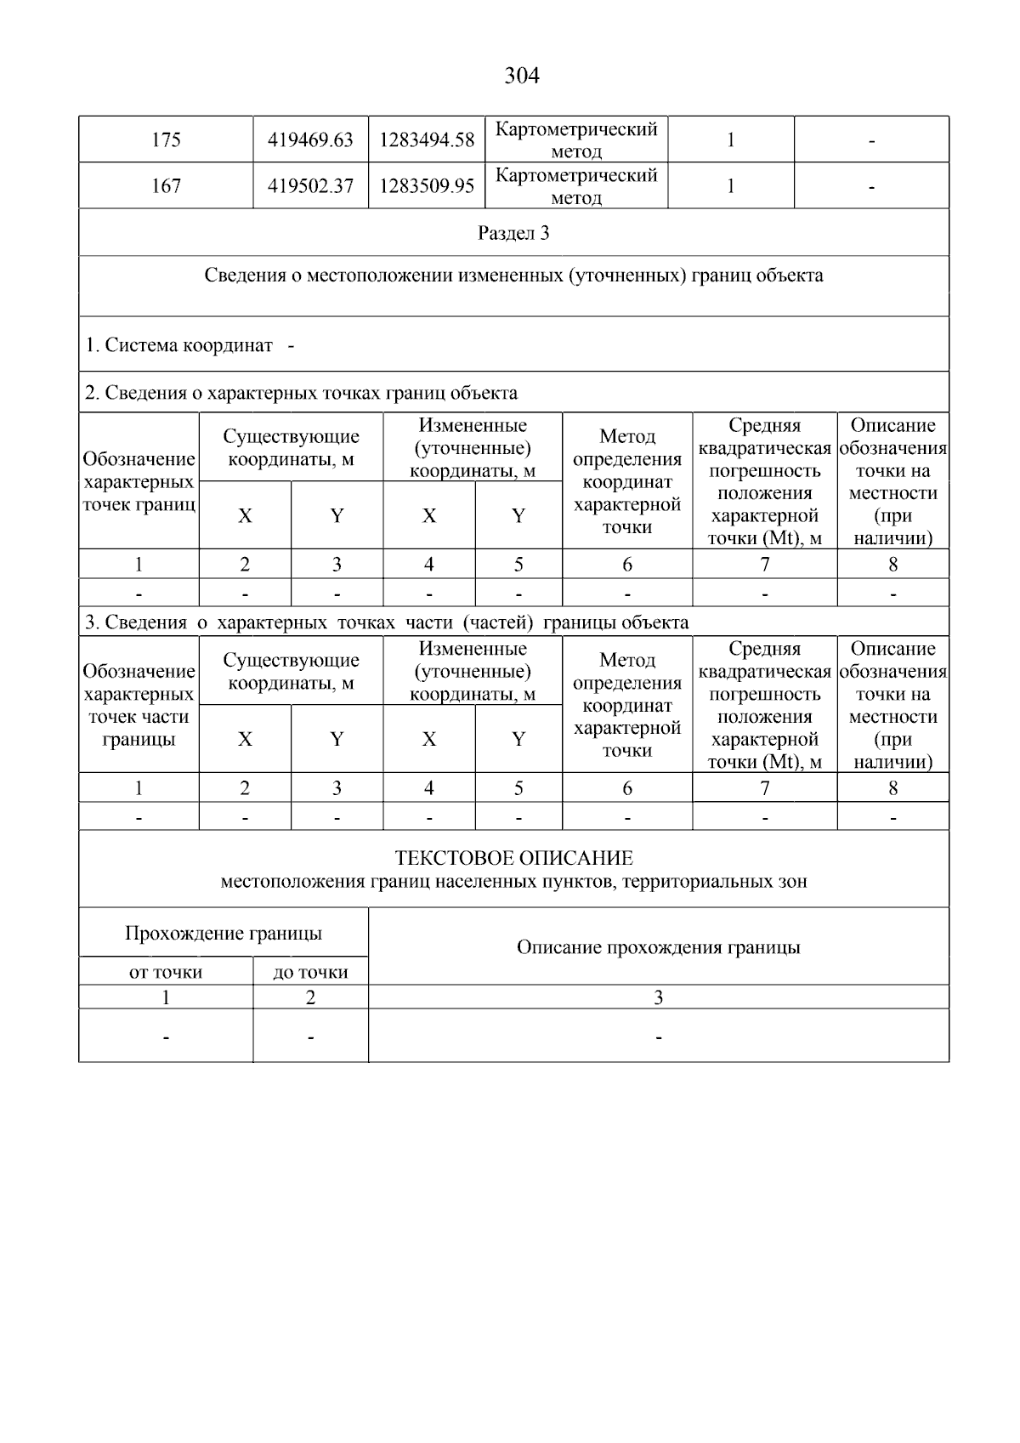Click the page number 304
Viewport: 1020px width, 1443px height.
tap(521, 77)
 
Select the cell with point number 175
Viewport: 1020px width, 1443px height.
tap(166, 140)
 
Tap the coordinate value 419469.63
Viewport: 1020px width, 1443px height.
tap(310, 140)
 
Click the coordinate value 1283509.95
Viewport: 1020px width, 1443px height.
tap(426, 186)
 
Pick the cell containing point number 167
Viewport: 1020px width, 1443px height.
tap(166, 186)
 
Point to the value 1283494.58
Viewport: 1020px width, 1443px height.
tap(426, 140)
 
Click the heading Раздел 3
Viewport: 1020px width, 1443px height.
tap(513, 233)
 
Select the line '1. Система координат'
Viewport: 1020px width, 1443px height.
tap(179, 345)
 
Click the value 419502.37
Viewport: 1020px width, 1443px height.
tap(310, 186)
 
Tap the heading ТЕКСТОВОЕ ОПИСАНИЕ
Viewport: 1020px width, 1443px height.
tap(513, 858)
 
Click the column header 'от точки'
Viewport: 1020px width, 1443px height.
tap(166, 972)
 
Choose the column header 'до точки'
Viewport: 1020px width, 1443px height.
tap(310, 972)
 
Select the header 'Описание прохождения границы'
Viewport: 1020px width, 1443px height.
tap(658, 947)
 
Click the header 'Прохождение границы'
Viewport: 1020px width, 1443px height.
tap(224, 934)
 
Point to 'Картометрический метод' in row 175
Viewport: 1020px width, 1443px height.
tap(576, 140)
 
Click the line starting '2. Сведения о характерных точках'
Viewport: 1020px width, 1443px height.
tap(302, 393)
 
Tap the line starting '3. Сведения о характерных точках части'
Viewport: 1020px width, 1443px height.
tap(387, 622)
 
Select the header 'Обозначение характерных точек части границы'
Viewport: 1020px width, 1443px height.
tap(139, 706)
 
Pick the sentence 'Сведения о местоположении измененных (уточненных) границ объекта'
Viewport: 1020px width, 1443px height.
tap(513, 276)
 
